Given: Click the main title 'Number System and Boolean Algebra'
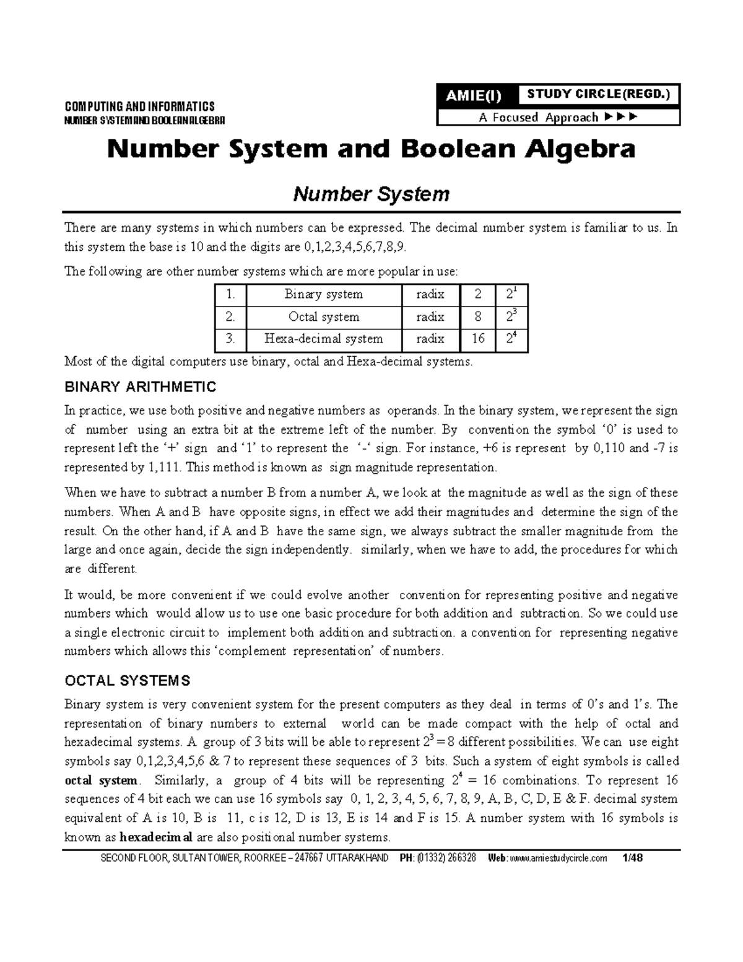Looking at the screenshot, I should pyautogui.click(x=371, y=150).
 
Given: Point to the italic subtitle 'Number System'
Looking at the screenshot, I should pyautogui.click(x=371, y=195).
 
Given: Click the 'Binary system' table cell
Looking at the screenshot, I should pyautogui.click(x=323, y=294).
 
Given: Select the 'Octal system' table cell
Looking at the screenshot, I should pyautogui.click(x=323, y=317).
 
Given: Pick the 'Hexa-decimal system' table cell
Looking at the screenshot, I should pyautogui.click(x=323, y=339).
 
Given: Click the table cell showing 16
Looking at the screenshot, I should pyautogui.click(x=477, y=339).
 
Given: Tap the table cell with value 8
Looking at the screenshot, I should pyautogui.click(x=477, y=317).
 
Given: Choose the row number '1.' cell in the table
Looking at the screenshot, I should pyautogui.click(x=230, y=294).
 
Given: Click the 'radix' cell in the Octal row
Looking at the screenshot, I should pyautogui.click(x=430, y=317).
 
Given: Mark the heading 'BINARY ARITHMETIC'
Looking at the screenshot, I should pyautogui.click(x=141, y=388).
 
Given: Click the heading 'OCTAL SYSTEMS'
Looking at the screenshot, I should pyautogui.click(x=128, y=681).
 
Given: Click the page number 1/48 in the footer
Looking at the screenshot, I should pyautogui.click(x=633, y=858).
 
